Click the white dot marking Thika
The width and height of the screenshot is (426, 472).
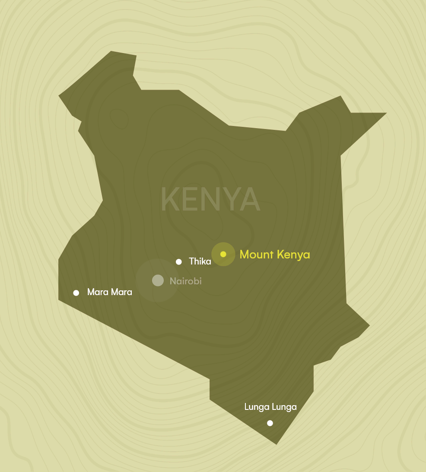pyautogui.click(x=179, y=261)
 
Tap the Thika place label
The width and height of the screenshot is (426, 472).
pyautogui.click(x=200, y=261)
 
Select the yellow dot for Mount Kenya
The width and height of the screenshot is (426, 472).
pyautogui.click(x=223, y=254)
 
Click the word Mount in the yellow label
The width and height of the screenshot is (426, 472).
pyautogui.click(x=257, y=255)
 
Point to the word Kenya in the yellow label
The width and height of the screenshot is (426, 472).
pyautogui.click(x=293, y=255)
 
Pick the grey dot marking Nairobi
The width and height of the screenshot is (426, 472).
pyautogui.click(x=158, y=280)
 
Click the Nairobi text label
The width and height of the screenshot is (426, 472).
pyautogui.click(x=185, y=281)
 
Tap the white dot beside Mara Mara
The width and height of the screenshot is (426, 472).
pyautogui.click(x=76, y=293)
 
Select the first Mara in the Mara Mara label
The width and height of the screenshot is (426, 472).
pyautogui.click(x=97, y=292)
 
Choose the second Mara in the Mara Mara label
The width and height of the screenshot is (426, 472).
pyautogui.click(x=121, y=292)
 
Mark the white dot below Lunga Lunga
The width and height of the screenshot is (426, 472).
pyautogui.click(x=270, y=423)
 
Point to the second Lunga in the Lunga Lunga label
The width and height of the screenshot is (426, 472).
pyautogui.click(x=283, y=407)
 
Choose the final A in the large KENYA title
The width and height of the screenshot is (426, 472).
pyautogui.click(x=250, y=199)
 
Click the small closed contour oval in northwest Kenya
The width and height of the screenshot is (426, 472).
pyautogui.click(x=119, y=118)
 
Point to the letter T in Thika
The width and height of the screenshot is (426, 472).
pyautogui.click(x=192, y=261)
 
